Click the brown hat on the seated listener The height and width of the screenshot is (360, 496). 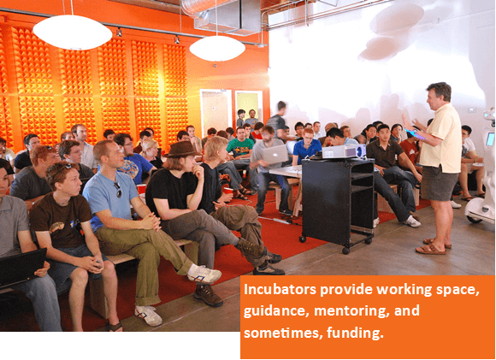[181, 150]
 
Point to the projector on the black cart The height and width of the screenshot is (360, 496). [343, 151]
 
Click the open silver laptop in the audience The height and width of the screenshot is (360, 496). [275, 155]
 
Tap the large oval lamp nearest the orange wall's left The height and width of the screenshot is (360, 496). [73, 32]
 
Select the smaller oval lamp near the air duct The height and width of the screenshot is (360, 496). [217, 48]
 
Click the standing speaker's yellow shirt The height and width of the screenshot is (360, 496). [441, 139]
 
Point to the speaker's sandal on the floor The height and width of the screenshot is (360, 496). [431, 250]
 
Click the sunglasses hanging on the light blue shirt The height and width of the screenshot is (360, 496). [118, 190]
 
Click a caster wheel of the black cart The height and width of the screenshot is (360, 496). [345, 251]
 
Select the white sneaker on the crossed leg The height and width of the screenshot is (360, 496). [204, 274]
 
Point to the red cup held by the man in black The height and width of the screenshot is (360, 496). [227, 191]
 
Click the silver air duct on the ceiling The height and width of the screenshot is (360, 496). [222, 15]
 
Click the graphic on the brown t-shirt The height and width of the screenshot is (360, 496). [57, 227]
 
